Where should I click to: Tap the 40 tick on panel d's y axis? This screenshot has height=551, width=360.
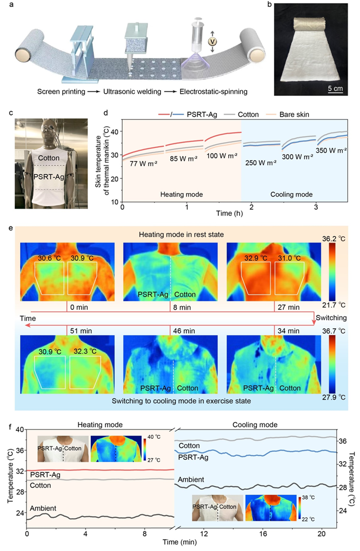(x=114, y=132)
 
